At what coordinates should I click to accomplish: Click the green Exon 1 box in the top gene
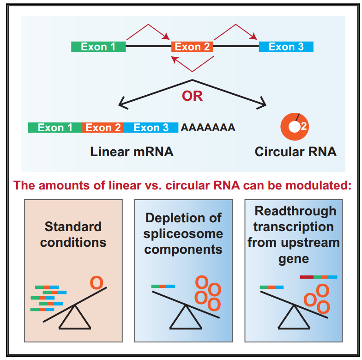click(x=98, y=47)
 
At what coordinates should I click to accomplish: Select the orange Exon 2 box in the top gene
click(x=192, y=47)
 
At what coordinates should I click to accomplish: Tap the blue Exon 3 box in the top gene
click(x=286, y=47)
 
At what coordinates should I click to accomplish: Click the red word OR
click(x=192, y=97)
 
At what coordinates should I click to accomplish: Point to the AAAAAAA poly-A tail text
click(x=208, y=128)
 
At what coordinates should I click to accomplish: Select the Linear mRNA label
click(x=132, y=152)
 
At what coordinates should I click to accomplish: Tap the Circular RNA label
click(x=296, y=152)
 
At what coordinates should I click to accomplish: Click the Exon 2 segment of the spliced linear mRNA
click(x=103, y=128)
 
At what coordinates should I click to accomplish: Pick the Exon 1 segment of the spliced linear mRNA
click(x=55, y=128)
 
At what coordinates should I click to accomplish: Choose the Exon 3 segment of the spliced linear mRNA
click(x=151, y=128)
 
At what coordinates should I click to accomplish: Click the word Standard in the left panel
click(x=73, y=227)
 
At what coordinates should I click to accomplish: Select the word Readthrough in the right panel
click(x=296, y=211)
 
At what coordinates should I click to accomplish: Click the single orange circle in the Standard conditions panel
click(x=96, y=282)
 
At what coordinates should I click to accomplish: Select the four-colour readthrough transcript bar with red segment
click(x=319, y=277)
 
